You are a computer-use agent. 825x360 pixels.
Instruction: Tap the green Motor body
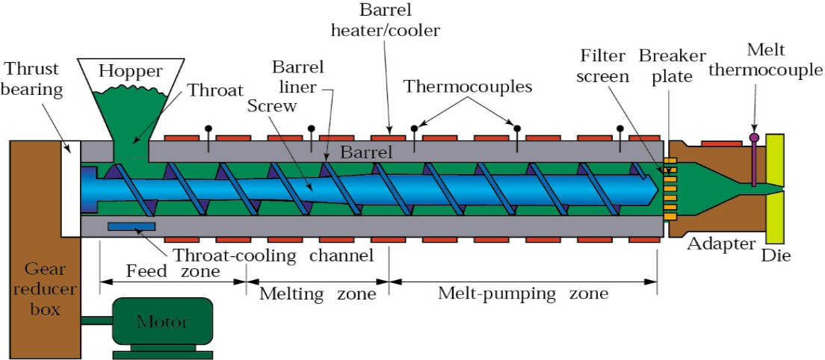pos(163,320)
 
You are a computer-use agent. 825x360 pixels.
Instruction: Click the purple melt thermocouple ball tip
pos(754,137)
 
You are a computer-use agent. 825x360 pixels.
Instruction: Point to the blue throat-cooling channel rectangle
pos(131,226)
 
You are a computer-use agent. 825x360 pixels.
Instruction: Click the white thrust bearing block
pos(70,188)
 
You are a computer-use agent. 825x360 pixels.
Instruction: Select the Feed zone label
pos(172,272)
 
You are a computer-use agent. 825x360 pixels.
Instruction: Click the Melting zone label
pos(318,293)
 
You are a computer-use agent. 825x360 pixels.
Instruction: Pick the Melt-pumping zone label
pos(523,293)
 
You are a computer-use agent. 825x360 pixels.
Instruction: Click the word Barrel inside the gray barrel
pos(366,153)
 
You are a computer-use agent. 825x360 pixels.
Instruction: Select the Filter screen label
pos(605,65)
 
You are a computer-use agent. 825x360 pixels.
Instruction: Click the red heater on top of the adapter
pos(721,143)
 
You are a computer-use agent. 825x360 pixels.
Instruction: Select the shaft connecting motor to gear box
pos(97,318)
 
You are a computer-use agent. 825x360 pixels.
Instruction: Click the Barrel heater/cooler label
pos(385,20)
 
